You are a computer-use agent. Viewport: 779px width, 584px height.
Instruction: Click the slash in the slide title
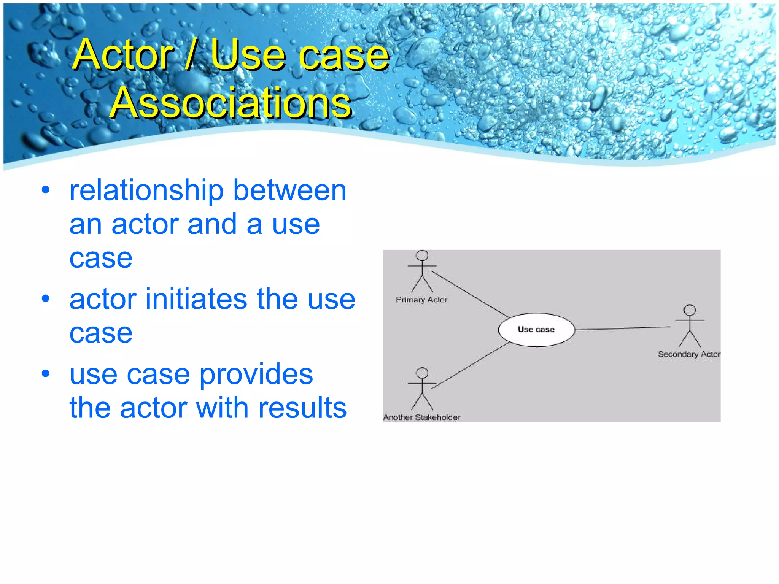tap(191, 55)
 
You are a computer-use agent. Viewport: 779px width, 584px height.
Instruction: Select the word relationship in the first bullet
tap(146, 191)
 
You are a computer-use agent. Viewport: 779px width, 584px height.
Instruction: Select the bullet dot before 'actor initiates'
tap(46, 299)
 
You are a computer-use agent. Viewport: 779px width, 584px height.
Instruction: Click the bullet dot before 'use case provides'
tap(46, 374)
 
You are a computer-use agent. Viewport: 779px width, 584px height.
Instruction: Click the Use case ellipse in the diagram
tap(536, 330)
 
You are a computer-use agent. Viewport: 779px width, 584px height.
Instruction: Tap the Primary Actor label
tap(421, 300)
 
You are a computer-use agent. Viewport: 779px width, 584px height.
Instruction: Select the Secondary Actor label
tap(688, 354)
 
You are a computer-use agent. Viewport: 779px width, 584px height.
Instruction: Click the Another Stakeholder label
tap(421, 417)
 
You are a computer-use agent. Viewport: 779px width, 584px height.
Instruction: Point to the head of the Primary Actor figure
tap(422, 255)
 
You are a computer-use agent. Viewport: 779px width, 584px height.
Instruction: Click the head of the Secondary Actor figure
tap(689, 310)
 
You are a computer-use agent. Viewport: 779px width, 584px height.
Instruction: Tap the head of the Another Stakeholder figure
tap(422, 373)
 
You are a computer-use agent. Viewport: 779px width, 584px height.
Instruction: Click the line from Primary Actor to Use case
tap(470, 295)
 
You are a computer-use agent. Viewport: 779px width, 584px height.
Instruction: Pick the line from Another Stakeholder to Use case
tap(470, 365)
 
